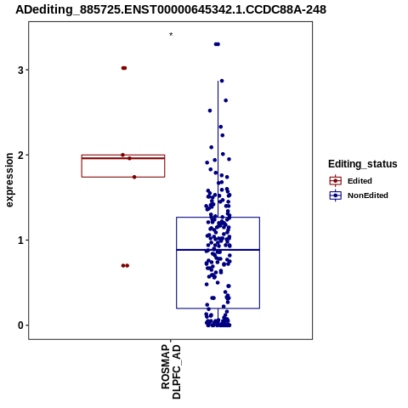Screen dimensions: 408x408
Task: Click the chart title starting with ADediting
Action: (x=171, y=9)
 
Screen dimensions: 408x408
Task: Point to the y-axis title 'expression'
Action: (x=9, y=180)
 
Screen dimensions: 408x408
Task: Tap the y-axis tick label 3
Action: (x=20, y=70)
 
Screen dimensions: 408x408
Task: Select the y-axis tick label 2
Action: (x=20, y=155)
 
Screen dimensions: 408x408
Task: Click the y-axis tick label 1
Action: (x=20, y=241)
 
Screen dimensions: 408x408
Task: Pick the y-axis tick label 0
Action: (x=20, y=326)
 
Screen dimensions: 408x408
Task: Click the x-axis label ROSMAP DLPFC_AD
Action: (x=171, y=371)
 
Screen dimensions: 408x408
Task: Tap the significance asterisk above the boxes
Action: (x=171, y=35)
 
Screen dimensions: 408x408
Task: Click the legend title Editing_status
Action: (x=363, y=164)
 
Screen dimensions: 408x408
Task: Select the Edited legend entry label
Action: (x=360, y=181)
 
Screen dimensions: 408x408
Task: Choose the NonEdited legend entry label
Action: (x=368, y=195)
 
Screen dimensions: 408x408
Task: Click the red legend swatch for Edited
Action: (x=336, y=181)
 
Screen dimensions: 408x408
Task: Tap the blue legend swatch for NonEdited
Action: (x=336, y=195)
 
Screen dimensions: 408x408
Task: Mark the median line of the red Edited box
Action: (x=123, y=158)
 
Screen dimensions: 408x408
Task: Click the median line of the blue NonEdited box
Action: (x=218, y=250)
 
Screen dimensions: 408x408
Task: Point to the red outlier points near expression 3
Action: (x=124, y=68)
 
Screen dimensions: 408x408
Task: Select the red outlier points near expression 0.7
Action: (x=125, y=265)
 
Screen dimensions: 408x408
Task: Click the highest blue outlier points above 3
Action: (x=217, y=44)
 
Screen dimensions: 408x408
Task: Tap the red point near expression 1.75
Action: (x=134, y=177)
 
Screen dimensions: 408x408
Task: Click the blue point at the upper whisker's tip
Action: (x=222, y=81)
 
